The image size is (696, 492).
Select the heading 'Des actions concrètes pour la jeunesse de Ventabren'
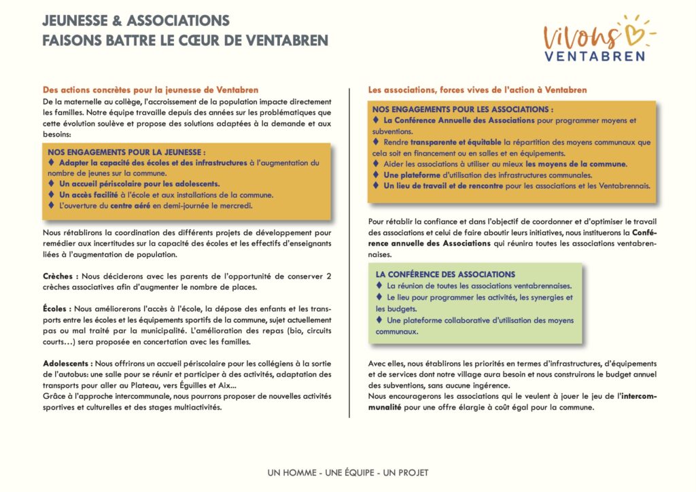click(x=150, y=90)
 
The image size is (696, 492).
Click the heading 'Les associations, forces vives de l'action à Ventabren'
click(x=477, y=90)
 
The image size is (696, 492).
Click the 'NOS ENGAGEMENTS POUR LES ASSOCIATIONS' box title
click(x=463, y=109)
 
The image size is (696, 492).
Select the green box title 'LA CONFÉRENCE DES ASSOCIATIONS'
click(x=445, y=275)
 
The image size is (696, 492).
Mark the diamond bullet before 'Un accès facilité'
click(x=52, y=194)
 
